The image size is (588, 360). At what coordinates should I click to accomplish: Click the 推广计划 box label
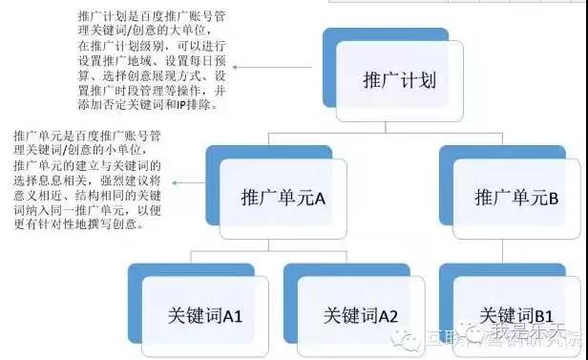click(400, 78)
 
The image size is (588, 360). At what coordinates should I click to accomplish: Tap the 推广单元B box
click(514, 199)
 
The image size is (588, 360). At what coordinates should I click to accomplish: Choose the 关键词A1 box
click(203, 312)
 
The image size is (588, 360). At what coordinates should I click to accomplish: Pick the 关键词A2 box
click(360, 312)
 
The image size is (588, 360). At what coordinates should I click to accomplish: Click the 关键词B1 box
click(515, 312)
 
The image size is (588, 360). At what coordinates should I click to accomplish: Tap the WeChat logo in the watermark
click(412, 335)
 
